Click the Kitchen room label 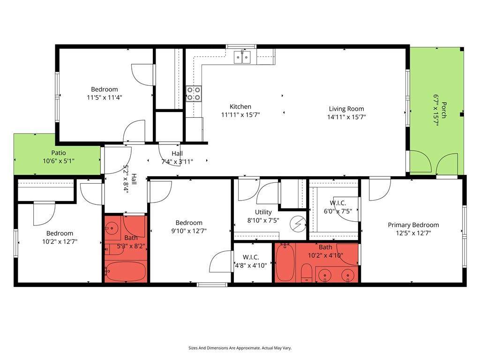click(x=240, y=106)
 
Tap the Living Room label click(x=346, y=109)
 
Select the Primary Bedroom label click(x=413, y=225)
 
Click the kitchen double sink click(x=242, y=57)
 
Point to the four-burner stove click(x=194, y=93)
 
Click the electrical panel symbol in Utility click(x=299, y=224)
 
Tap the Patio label click(x=59, y=153)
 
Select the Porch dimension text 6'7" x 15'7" click(x=436, y=110)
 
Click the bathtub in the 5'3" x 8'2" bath click(x=126, y=271)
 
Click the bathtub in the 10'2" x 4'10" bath click(x=285, y=262)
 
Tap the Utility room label click(x=263, y=212)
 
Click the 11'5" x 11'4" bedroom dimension click(x=105, y=97)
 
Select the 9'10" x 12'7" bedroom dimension click(x=189, y=231)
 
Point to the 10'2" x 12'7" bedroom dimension click(x=60, y=241)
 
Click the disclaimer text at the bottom click(x=240, y=348)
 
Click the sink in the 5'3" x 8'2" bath click(x=112, y=228)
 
